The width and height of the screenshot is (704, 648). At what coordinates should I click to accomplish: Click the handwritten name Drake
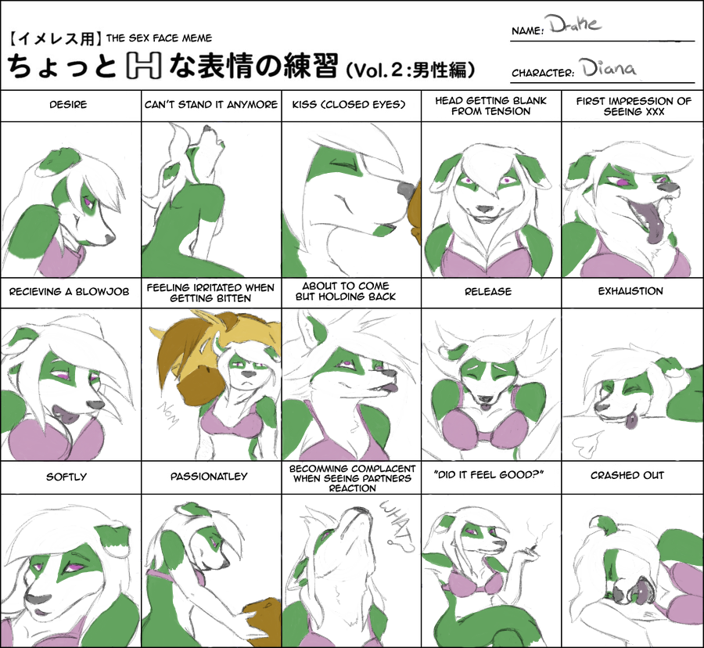(x=574, y=25)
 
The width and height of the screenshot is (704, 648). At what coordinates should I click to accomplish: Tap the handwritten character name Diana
(x=609, y=68)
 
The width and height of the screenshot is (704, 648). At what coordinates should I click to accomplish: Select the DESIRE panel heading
(x=68, y=105)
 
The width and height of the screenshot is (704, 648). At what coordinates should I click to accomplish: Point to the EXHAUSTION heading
(x=630, y=291)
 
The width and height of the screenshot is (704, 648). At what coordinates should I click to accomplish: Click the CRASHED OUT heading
(x=627, y=475)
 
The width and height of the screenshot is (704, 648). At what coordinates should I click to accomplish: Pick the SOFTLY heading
(x=66, y=477)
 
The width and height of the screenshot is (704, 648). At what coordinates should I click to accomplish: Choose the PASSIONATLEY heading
(x=209, y=477)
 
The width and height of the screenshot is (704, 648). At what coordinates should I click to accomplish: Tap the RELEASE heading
(x=488, y=291)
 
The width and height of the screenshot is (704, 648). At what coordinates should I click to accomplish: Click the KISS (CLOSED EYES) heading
(x=349, y=105)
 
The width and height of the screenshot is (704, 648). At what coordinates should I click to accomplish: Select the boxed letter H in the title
(x=143, y=66)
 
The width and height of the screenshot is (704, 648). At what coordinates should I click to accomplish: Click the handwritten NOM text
(x=168, y=415)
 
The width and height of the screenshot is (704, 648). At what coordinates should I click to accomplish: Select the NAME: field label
(x=527, y=31)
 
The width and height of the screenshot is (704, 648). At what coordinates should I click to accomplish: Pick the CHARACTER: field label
(x=542, y=73)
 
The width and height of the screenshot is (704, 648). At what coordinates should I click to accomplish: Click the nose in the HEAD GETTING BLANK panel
(x=485, y=209)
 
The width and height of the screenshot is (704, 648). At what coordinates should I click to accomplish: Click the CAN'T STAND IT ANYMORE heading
(x=211, y=105)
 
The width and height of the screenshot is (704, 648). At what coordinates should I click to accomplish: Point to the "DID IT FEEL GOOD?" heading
(x=489, y=475)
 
